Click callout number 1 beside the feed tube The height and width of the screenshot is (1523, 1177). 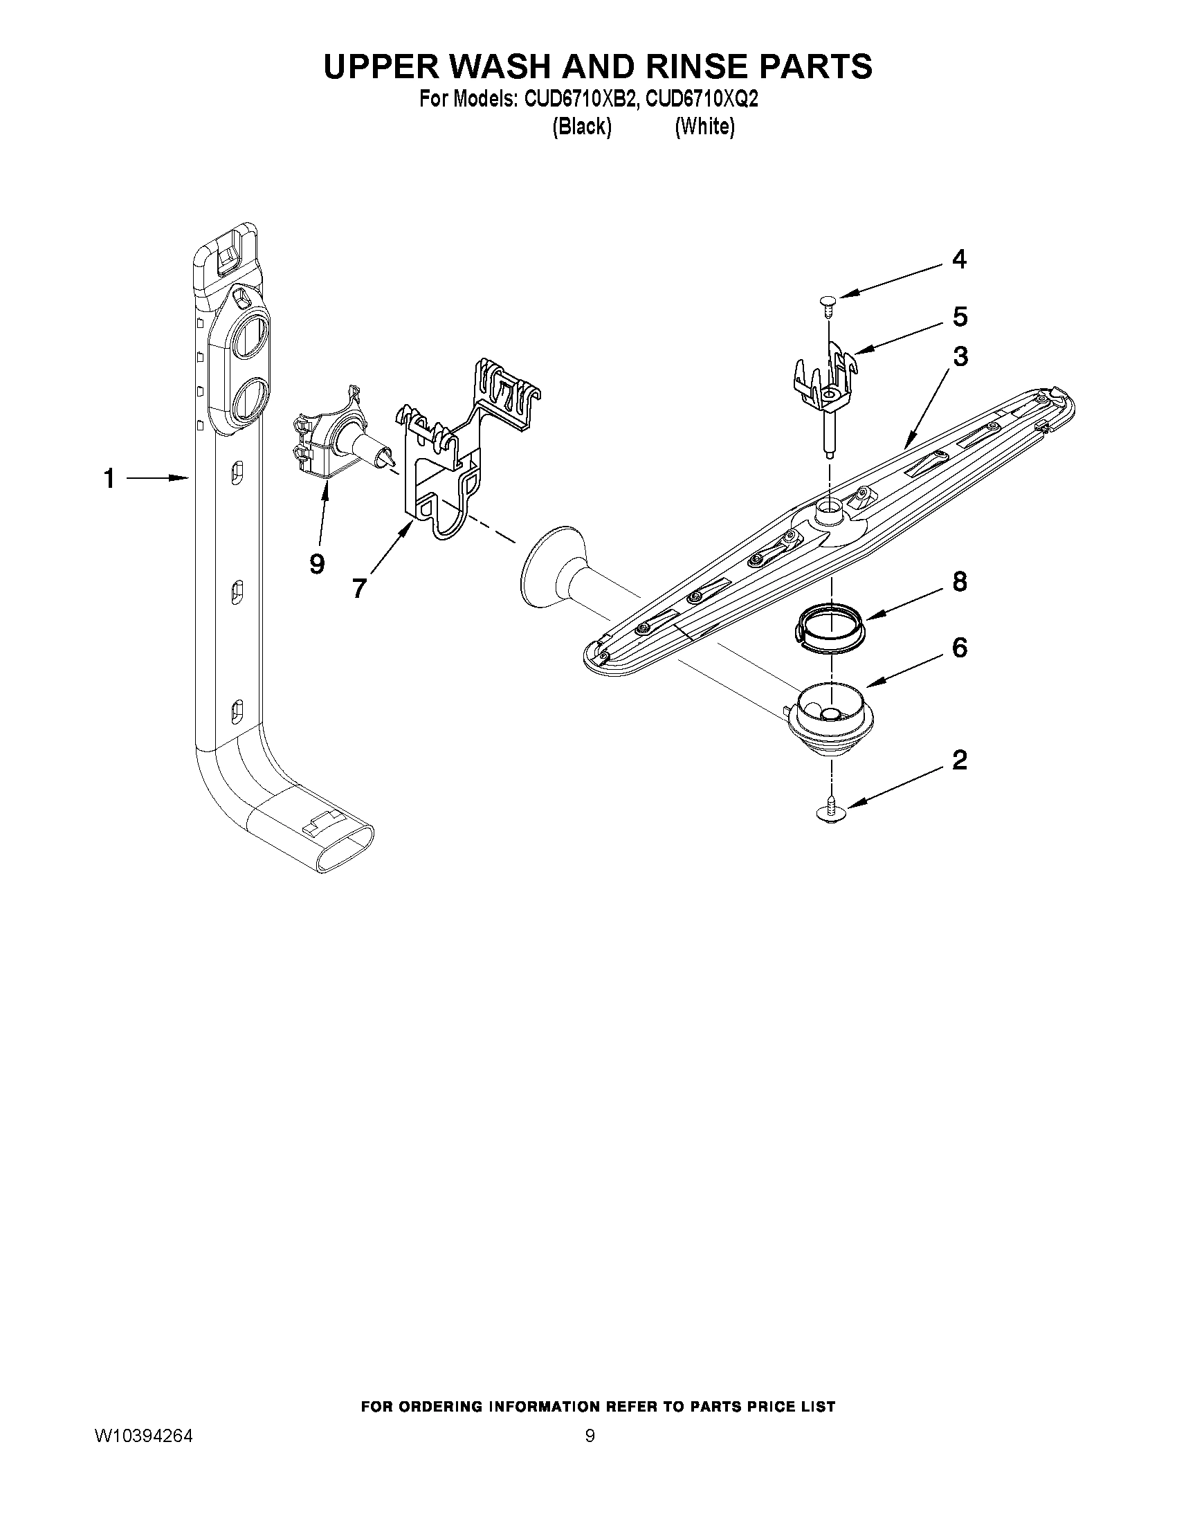pos(109,479)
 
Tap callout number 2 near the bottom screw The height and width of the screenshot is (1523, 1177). pos(960,760)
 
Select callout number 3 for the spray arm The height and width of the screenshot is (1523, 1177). pos(960,357)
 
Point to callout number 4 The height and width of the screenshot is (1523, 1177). pos(960,259)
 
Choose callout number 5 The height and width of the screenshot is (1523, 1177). pos(960,318)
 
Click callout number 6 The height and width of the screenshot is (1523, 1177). pos(960,648)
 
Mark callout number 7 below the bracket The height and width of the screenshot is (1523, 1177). pos(358,590)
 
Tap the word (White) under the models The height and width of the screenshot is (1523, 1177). pos(704,127)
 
